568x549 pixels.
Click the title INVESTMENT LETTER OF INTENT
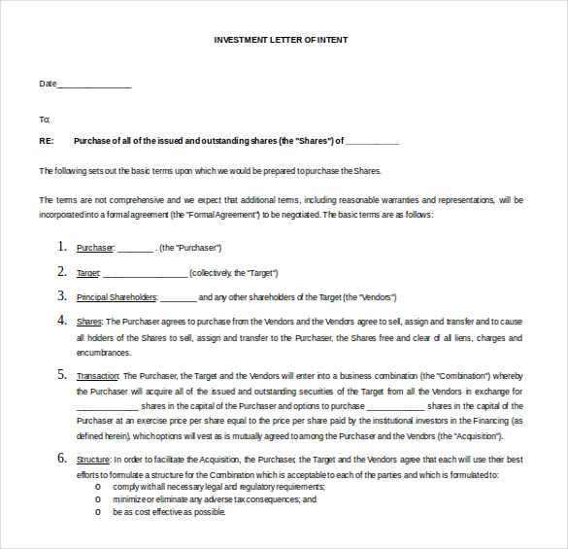(x=281, y=40)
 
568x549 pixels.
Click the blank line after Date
(x=94, y=86)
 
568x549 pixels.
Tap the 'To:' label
(x=44, y=120)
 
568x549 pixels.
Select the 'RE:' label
(x=46, y=141)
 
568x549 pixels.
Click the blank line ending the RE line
(x=372, y=142)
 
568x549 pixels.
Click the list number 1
(x=62, y=247)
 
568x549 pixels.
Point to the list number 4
(x=62, y=320)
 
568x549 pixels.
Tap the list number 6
(x=62, y=458)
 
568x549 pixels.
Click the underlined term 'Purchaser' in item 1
(x=95, y=249)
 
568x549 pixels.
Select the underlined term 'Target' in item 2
(x=88, y=273)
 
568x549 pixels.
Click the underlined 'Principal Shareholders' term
(x=116, y=297)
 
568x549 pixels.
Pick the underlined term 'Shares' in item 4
(x=89, y=322)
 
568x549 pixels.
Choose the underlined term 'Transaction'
(x=98, y=376)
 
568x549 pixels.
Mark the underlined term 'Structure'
(x=94, y=460)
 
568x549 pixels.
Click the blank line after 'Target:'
(x=145, y=274)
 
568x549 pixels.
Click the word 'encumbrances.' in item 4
(x=103, y=353)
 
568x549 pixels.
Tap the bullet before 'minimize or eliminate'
(x=97, y=499)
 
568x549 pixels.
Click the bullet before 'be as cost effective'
(x=97, y=512)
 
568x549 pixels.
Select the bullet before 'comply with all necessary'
(x=97, y=487)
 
